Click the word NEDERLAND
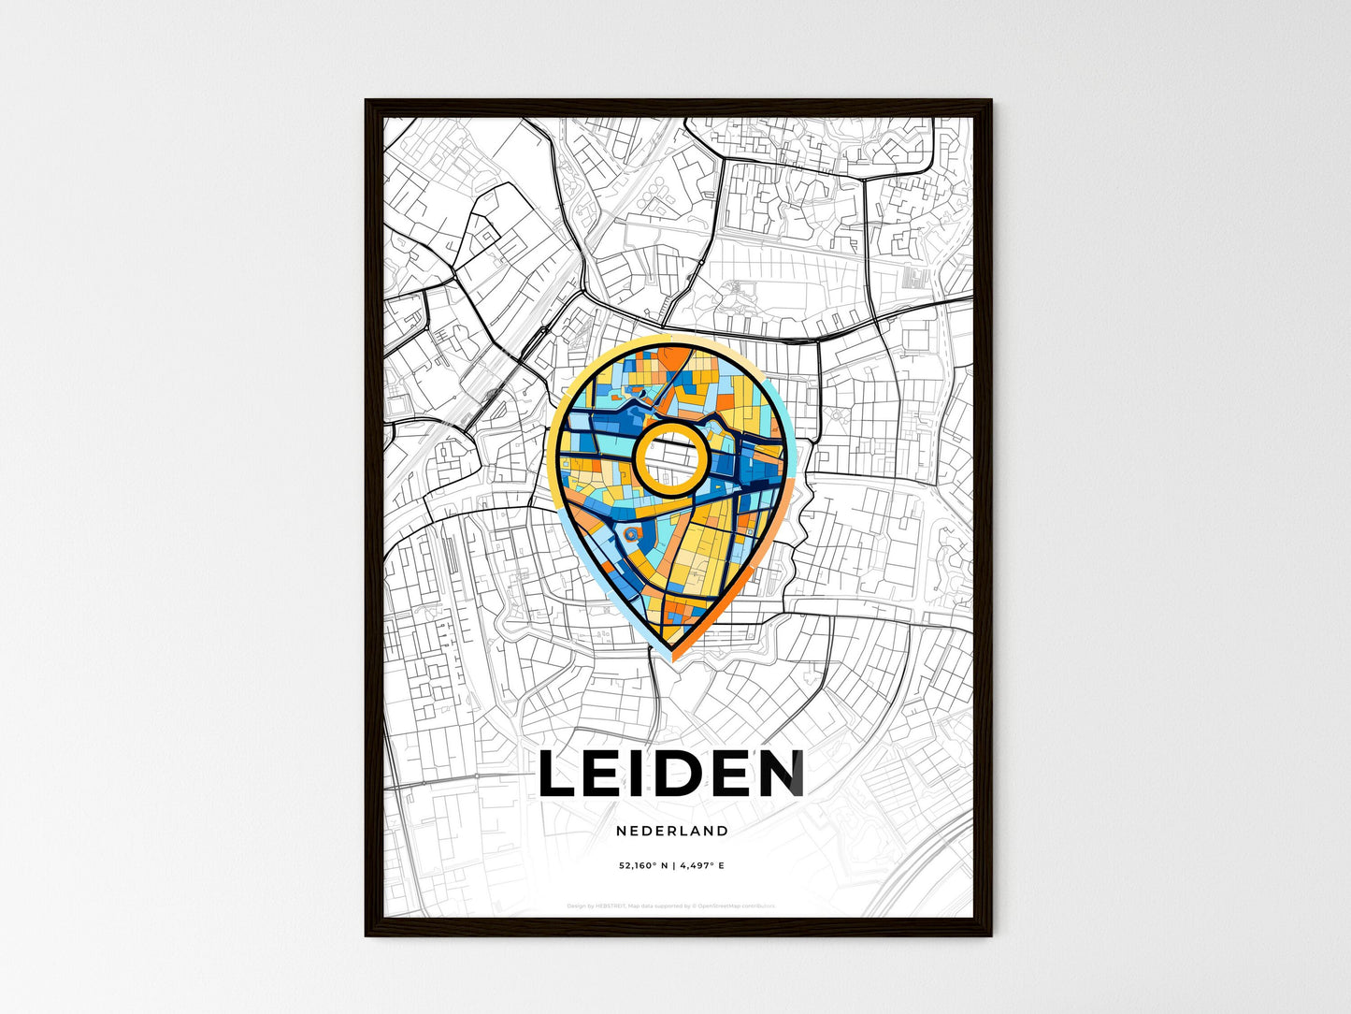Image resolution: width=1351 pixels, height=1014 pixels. coord(672,831)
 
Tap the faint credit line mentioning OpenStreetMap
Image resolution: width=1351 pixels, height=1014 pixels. coord(671,906)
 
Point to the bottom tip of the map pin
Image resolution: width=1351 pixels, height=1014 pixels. coord(671,658)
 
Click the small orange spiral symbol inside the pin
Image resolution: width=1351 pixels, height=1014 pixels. coord(631,534)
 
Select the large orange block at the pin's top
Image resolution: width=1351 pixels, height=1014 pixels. coord(673,359)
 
